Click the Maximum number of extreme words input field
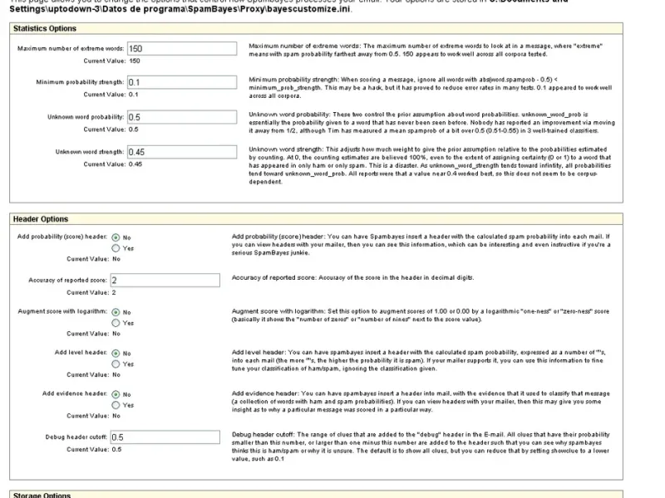click(181, 49)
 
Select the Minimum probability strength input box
click(181, 83)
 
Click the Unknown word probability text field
click(181, 118)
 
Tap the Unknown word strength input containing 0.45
click(181, 153)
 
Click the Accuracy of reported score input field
click(164, 281)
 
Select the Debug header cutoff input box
click(164, 437)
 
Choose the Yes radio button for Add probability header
click(116, 248)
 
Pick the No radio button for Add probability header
click(116, 237)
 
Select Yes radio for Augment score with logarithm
click(116, 323)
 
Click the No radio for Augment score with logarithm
click(116, 312)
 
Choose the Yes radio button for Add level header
click(116, 364)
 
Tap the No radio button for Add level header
click(116, 353)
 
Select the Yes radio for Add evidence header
click(116, 405)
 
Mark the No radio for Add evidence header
click(116, 394)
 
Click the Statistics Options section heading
click(45, 28)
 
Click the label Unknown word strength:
click(90, 153)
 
